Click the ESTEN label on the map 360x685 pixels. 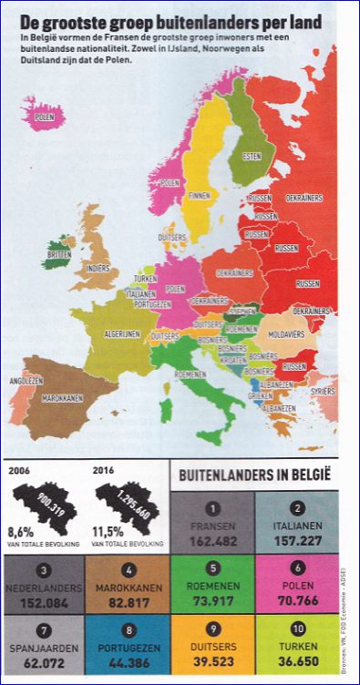[x=252, y=157]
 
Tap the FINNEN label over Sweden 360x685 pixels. [x=200, y=196]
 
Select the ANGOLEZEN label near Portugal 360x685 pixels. [x=26, y=381]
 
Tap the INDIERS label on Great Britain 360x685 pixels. [x=98, y=269]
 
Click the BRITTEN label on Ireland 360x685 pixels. [x=59, y=255]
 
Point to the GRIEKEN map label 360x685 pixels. [x=261, y=396]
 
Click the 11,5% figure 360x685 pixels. [x=108, y=529]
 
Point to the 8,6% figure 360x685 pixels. [x=22, y=529]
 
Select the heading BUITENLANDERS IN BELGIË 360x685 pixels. [x=254, y=475]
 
